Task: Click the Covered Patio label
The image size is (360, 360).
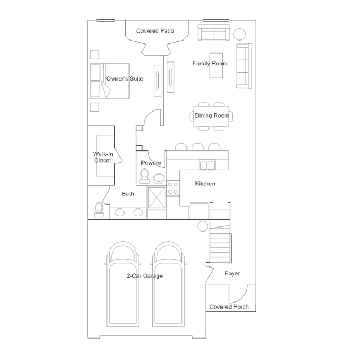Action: pos(155,31)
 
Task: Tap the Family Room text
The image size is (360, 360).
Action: pos(210,64)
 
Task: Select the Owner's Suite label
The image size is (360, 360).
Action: pos(124,79)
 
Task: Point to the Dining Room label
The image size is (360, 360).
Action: pos(212,115)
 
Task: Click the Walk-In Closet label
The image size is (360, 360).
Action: pos(103,157)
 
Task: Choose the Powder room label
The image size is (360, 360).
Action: pos(151,163)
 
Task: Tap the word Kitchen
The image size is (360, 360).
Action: pos(205,184)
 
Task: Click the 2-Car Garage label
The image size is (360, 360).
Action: pos(145,275)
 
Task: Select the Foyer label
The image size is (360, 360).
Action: pos(232,273)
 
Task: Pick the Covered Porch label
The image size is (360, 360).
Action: pos(229,307)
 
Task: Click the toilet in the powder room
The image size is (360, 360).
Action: pos(145,176)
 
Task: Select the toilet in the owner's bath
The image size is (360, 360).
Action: pos(100,209)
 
